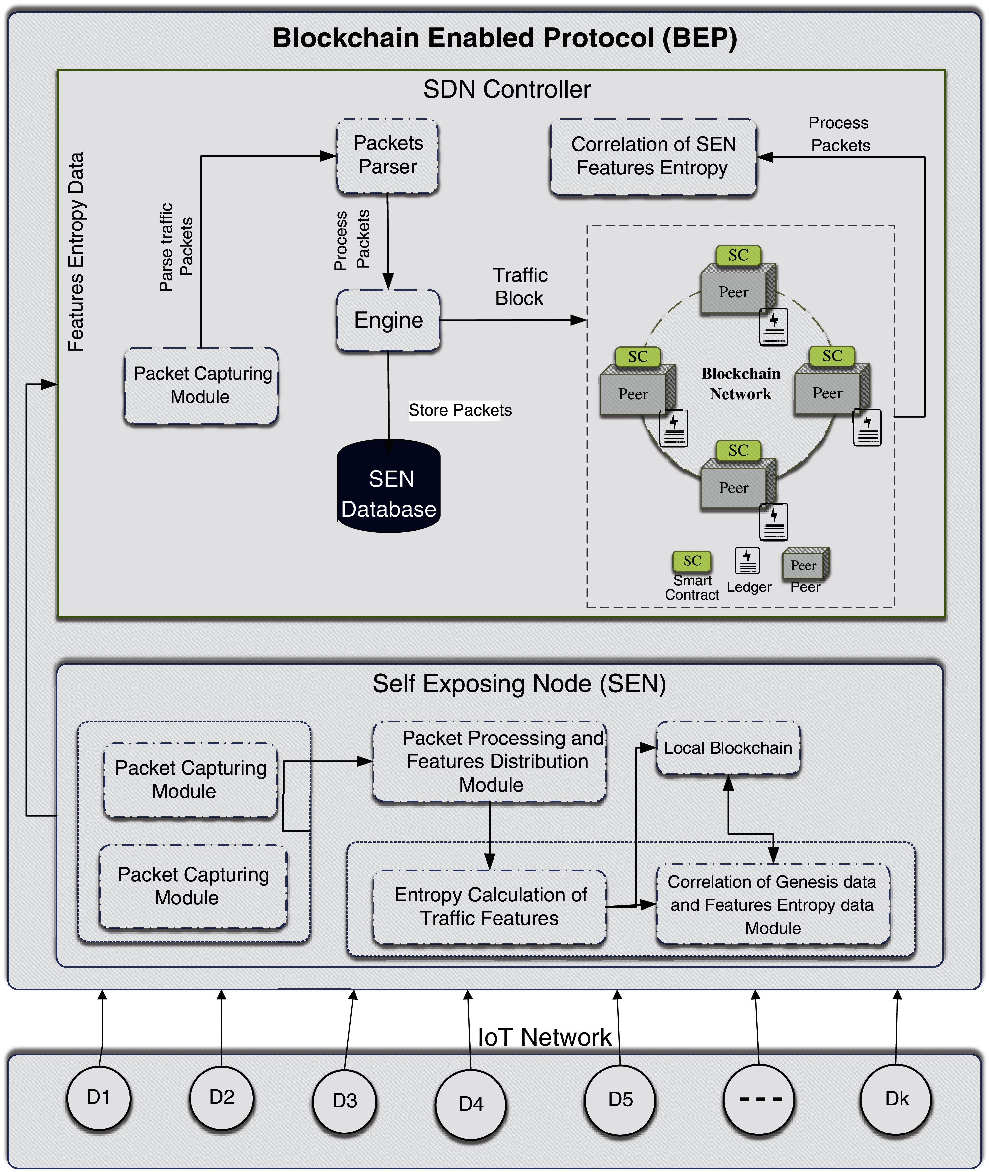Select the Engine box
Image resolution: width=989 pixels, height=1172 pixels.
click(388, 320)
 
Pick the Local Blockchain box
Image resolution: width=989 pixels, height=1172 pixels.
click(728, 748)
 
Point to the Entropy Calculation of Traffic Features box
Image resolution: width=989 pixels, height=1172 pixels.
click(490, 907)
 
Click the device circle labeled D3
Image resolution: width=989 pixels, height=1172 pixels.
click(345, 1100)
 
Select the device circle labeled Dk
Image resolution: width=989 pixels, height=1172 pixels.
click(896, 1099)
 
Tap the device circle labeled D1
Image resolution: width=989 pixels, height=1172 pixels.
click(99, 1097)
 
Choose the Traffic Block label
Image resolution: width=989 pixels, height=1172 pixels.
click(520, 286)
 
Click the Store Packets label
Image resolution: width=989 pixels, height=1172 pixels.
click(460, 410)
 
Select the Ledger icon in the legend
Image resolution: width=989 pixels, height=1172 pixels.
click(747, 561)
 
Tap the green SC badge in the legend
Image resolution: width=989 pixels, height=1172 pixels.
click(692, 561)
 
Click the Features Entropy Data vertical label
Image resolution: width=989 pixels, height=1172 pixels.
click(76, 252)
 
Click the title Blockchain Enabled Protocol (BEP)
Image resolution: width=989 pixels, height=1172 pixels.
click(504, 38)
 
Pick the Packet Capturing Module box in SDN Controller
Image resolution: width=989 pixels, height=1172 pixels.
click(201, 385)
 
